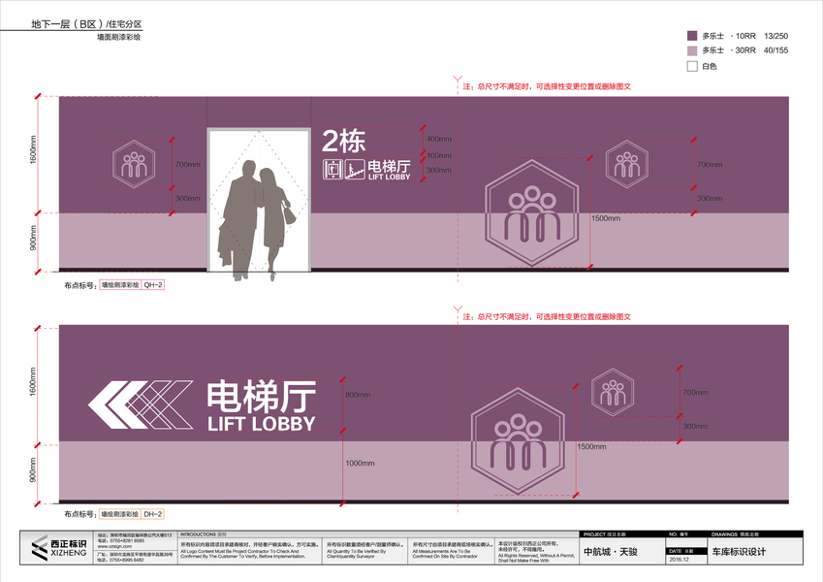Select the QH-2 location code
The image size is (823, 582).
[153, 286]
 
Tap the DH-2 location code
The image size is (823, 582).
[153, 514]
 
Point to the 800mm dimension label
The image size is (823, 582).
[358, 395]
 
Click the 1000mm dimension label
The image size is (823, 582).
[360, 463]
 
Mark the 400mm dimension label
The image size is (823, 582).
[439, 139]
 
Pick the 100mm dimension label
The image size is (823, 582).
[439, 155]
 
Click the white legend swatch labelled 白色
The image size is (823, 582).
[692, 66]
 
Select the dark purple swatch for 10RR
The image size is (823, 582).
[692, 33]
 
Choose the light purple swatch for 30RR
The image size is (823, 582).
[692, 49]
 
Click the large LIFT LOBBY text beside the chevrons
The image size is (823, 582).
[262, 424]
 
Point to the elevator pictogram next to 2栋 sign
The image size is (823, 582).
[333, 170]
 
